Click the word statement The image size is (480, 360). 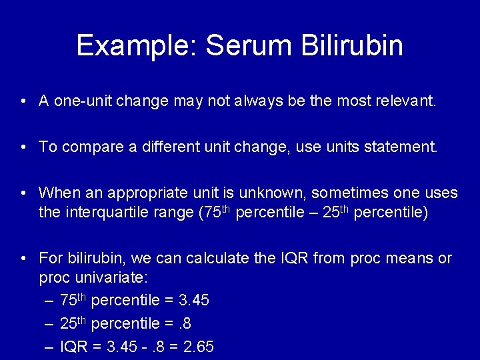(404, 147)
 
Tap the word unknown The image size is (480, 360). (269, 193)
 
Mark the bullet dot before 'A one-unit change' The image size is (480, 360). (23, 101)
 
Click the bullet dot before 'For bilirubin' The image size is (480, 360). (23, 258)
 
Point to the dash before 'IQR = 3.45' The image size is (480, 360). (50, 347)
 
